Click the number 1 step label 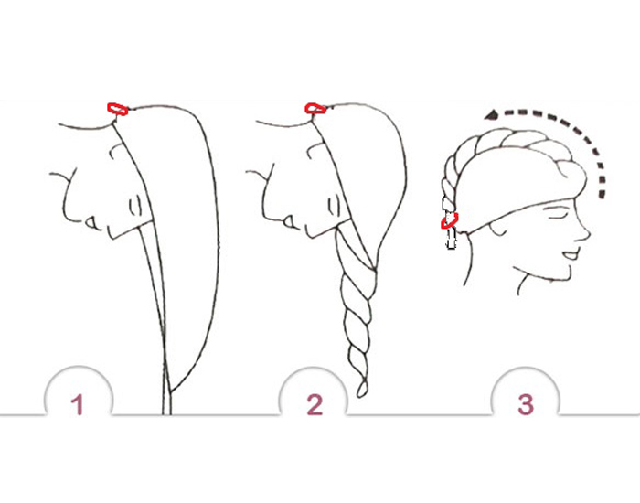(x=77, y=404)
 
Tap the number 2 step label (x=315, y=404)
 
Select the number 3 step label (x=526, y=404)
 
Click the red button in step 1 (x=118, y=109)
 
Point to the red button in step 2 (x=315, y=109)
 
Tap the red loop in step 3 (x=450, y=221)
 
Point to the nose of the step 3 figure (x=584, y=233)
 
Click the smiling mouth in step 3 (x=571, y=255)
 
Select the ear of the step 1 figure (x=135, y=205)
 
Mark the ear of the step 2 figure (x=334, y=204)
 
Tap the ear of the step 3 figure (x=498, y=230)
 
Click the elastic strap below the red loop (x=451, y=239)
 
